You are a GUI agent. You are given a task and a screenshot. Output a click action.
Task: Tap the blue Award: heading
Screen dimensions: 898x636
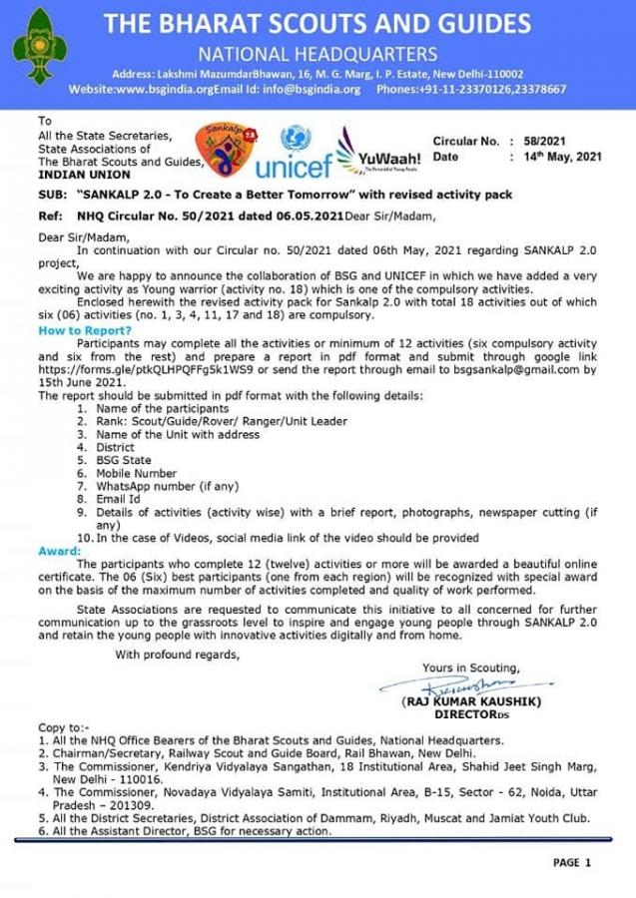tap(59, 550)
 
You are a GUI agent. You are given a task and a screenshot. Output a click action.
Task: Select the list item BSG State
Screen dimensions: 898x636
tap(125, 460)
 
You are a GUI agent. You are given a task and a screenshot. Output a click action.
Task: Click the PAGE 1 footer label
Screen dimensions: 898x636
tap(572, 862)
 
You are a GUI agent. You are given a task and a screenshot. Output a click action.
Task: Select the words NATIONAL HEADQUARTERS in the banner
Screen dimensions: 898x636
tap(318, 54)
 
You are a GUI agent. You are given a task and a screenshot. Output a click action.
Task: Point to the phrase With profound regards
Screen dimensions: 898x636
tap(177, 655)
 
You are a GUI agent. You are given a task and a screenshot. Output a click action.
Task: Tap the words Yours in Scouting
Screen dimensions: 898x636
tap(470, 668)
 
